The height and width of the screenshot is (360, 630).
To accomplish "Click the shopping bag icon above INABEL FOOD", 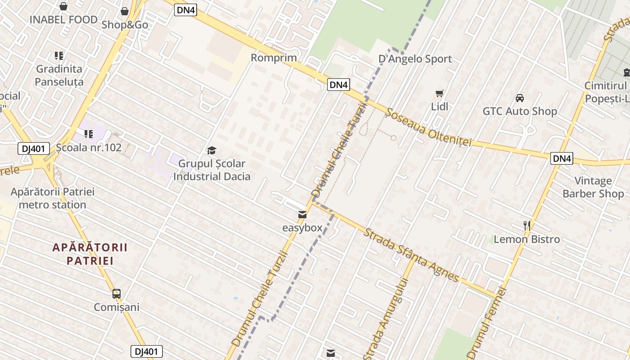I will click(63, 6).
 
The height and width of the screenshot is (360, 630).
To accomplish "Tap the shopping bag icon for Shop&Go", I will click(125, 11).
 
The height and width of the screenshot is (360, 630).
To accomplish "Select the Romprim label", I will click(274, 58).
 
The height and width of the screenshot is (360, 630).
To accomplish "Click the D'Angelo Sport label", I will click(415, 59).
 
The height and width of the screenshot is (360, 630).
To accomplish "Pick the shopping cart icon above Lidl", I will click(440, 94).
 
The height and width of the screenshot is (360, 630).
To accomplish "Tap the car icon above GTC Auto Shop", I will click(519, 98).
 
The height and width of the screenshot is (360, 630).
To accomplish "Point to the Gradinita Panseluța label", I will click(59, 75).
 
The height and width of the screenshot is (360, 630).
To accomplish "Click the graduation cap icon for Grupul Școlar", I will click(211, 150).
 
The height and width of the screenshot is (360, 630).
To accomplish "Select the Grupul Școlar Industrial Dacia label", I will click(211, 170).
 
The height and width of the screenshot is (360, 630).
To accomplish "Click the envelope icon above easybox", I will click(302, 215).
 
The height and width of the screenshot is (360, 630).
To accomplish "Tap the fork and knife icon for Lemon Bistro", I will click(527, 225).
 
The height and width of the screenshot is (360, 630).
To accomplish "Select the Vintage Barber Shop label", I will click(593, 188).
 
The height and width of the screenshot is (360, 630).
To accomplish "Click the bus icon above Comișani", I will click(117, 294).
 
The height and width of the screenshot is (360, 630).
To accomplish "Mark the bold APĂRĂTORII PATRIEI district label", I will click(90, 254).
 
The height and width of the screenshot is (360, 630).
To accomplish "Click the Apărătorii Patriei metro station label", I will click(53, 198).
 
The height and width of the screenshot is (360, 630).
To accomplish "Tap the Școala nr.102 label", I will click(89, 147).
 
